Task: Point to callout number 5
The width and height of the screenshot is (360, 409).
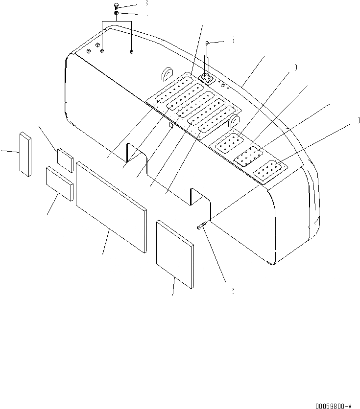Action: coord(232,40)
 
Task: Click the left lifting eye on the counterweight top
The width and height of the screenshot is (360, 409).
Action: coord(166,72)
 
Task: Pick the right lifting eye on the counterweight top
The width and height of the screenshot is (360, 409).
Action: coord(235,120)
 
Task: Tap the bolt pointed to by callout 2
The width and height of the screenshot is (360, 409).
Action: coord(202,225)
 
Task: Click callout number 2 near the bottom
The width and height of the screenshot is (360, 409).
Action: coord(232,291)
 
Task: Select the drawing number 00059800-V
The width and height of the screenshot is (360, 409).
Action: coord(333,406)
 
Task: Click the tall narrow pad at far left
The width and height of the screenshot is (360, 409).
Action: coord(25,153)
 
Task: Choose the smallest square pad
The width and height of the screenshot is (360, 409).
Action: coord(65,159)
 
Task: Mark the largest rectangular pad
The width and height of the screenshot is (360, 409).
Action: coord(111,206)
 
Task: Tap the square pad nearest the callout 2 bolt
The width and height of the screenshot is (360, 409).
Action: coord(174,254)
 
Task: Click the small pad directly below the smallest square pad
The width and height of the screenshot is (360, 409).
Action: coord(59,183)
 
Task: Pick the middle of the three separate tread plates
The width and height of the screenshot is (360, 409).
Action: coord(249,157)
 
